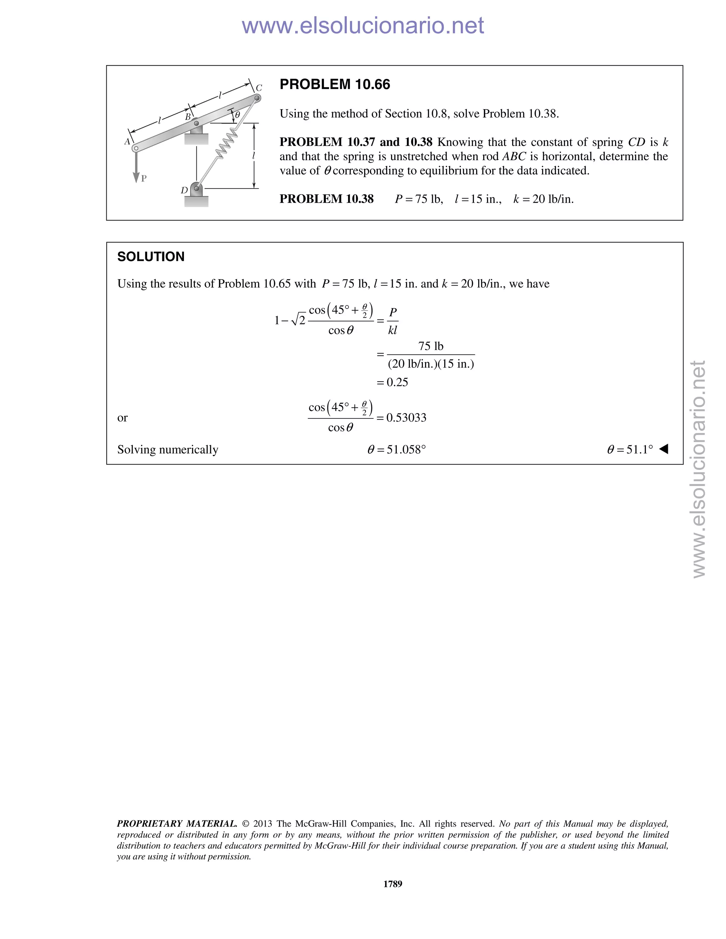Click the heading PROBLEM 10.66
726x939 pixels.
(x=335, y=84)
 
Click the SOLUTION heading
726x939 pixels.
(x=151, y=257)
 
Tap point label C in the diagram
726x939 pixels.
(x=259, y=88)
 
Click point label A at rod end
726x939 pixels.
(x=127, y=142)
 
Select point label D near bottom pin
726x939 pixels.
(x=184, y=190)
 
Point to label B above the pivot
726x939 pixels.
(x=188, y=117)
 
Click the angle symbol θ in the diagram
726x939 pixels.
(x=238, y=115)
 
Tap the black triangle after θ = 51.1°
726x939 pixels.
(x=664, y=449)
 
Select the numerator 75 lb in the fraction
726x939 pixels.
(x=430, y=346)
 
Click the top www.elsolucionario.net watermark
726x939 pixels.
(x=363, y=26)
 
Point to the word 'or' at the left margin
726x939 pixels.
(x=123, y=418)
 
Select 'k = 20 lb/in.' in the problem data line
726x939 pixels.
(x=543, y=199)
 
